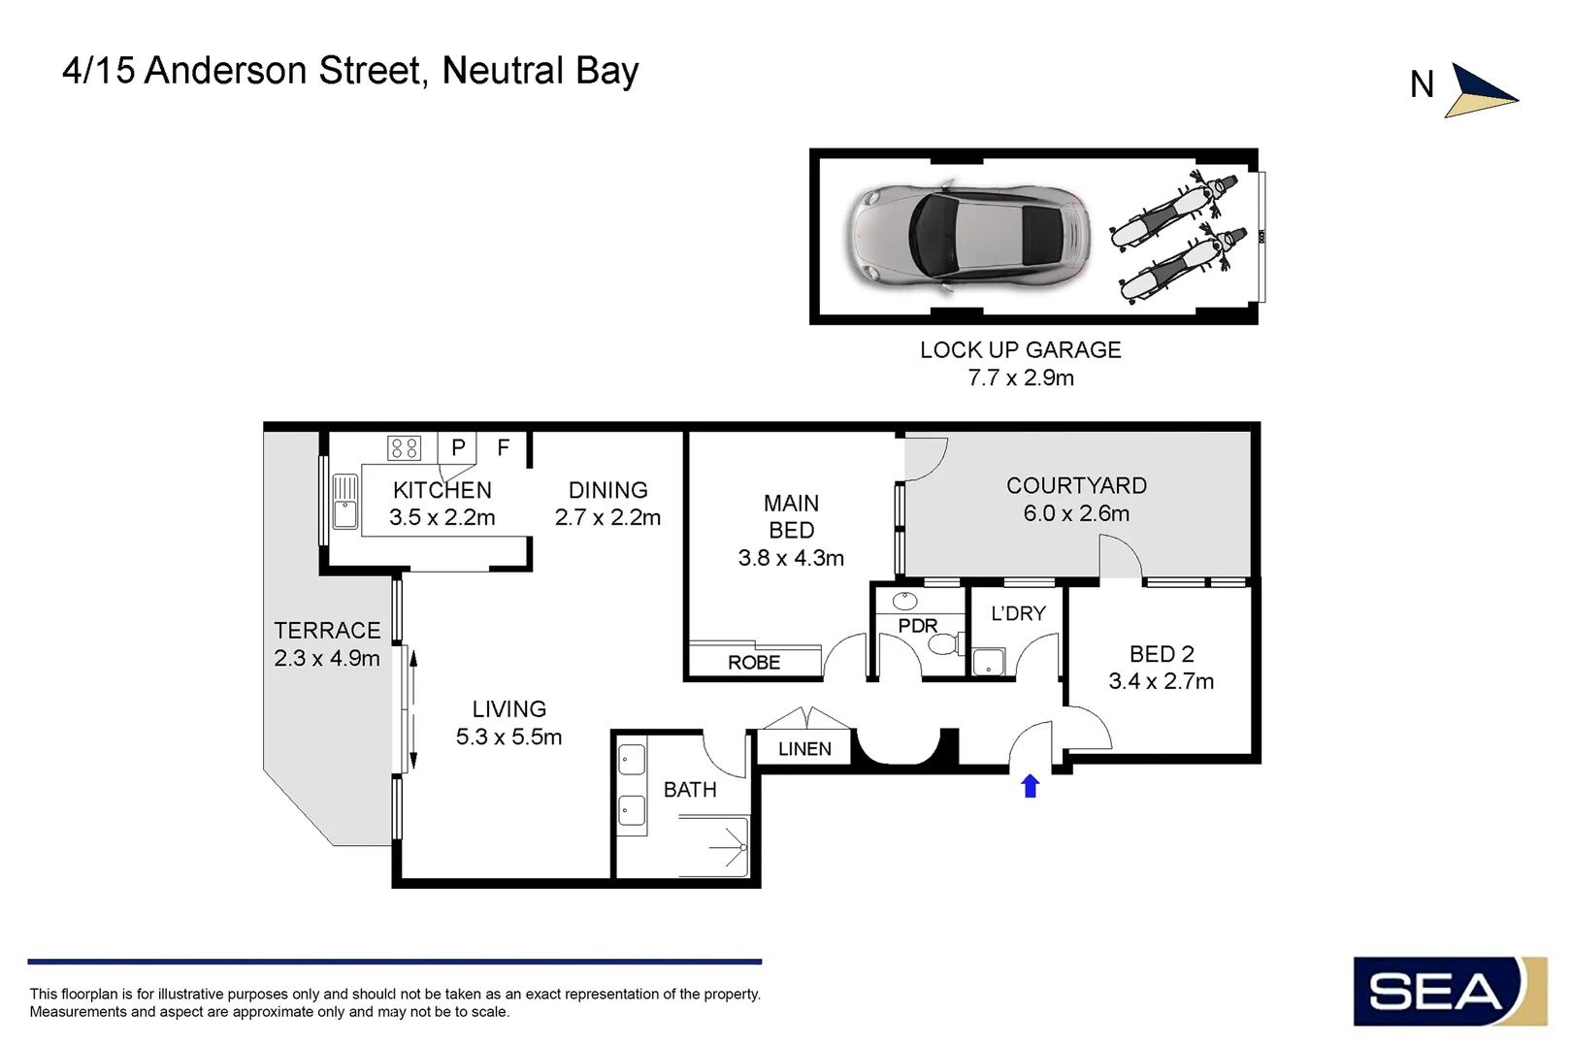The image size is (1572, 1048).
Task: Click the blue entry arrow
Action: coord(1030,786)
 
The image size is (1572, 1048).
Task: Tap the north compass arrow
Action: coord(1480,92)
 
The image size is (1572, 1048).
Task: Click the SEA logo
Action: coord(1450,991)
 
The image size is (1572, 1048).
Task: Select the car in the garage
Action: coord(967,236)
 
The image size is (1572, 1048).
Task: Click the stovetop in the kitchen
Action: coord(405,448)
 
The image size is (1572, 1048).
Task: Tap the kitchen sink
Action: coord(344,501)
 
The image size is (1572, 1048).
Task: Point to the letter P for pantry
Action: coord(458,447)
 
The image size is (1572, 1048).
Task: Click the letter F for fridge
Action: coord(504,447)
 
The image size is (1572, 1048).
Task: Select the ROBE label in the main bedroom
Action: coord(754,662)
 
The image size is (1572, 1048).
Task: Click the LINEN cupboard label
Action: coord(804,749)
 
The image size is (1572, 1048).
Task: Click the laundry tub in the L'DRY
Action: coord(988,661)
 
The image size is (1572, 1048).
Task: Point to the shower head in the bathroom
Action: coord(742,847)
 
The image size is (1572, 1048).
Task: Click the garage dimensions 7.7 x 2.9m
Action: coord(1021,377)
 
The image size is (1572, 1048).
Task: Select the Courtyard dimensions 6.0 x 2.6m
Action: coord(1076,513)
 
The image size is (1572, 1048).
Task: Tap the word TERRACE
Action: coord(327,631)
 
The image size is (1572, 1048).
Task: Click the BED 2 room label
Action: coord(1162,654)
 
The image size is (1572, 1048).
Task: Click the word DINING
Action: coord(607,490)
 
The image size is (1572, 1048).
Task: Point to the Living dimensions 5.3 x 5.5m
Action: coord(508,737)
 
